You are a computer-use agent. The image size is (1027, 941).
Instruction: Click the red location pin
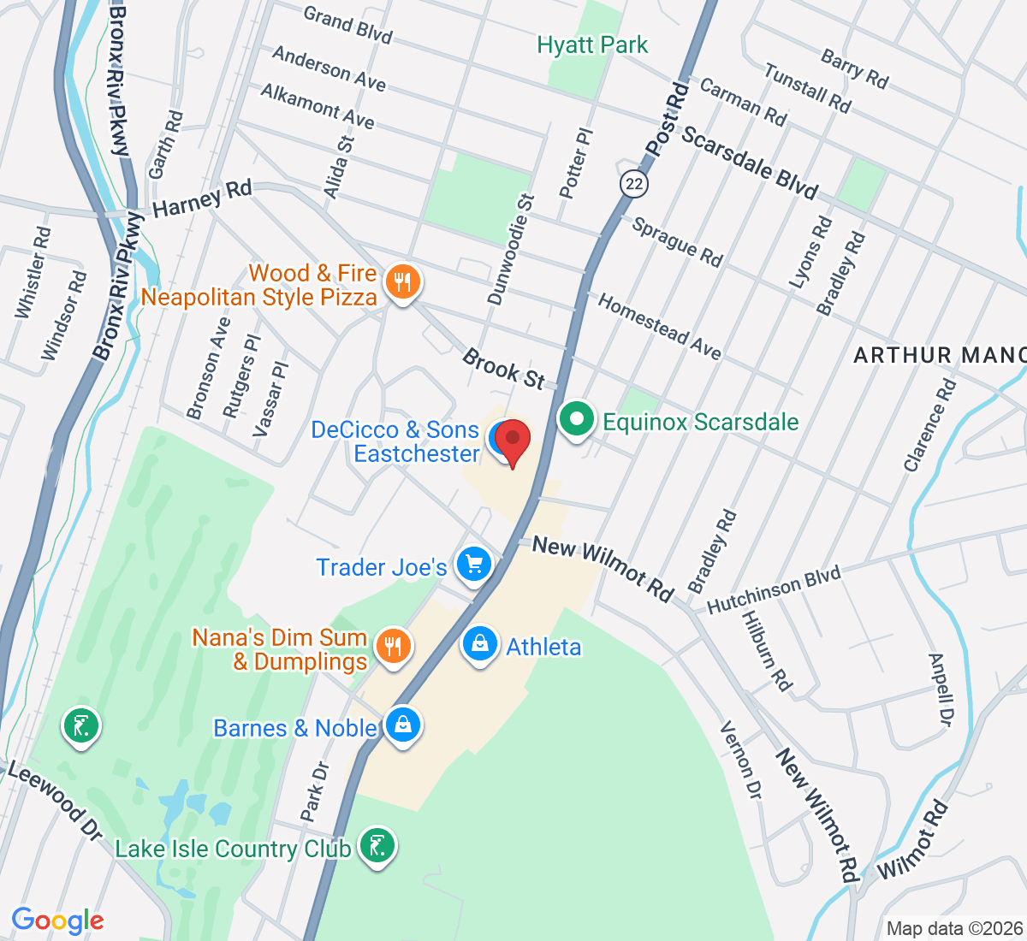(513, 441)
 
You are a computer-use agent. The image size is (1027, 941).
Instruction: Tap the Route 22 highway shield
(633, 183)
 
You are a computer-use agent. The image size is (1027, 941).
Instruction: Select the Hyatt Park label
(592, 44)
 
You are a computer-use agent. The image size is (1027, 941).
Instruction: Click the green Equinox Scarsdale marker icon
(577, 420)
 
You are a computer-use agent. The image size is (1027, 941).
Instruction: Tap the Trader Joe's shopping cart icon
(475, 565)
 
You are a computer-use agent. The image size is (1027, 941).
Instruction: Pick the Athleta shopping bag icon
(480, 644)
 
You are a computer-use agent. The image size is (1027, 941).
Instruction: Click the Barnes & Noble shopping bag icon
(403, 725)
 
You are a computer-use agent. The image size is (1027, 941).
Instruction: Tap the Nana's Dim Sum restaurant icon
(393, 646)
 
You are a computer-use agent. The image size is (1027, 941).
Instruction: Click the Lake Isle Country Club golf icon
(377, 846)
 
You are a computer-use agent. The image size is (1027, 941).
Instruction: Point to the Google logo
(58, 920)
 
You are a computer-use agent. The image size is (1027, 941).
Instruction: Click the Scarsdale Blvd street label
(750, 163)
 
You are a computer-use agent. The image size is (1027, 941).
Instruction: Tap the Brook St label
(503, 369)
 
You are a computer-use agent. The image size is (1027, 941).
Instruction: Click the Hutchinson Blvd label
(775, 590)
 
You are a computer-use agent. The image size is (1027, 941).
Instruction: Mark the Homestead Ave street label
(659, 326)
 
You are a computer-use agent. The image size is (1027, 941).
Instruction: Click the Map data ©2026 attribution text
(954, 928)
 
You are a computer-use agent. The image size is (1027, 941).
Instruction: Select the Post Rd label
(667, 119)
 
